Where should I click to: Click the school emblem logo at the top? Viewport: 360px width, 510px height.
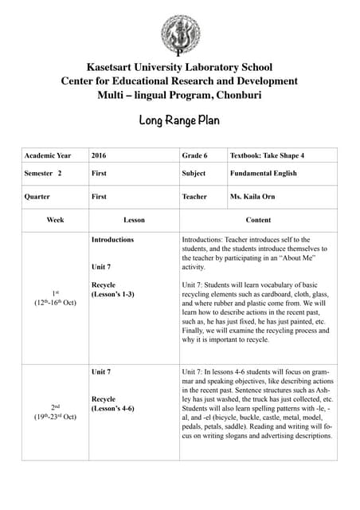(180, 33)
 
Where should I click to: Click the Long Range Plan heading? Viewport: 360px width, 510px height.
(180, 121)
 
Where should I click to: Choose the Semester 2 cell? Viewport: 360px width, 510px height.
(44, 173)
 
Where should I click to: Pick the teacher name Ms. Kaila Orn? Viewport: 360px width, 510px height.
(252, 197)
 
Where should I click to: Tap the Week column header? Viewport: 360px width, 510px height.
(55, 219)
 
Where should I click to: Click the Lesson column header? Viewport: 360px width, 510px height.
(134, 219)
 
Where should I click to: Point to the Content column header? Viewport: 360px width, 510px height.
(258, 219)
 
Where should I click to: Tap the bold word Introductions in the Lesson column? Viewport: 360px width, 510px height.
(112, 239)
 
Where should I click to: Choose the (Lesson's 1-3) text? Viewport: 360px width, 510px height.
(112, 295)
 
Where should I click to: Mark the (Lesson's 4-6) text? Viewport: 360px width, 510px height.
(112, 408)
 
